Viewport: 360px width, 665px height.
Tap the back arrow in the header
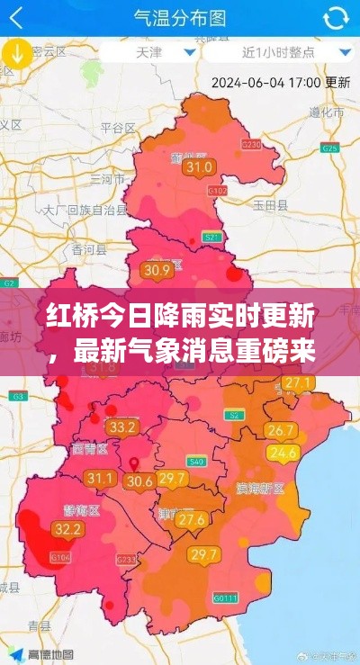coord(17,18)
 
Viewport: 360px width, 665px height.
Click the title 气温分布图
coord(179,18)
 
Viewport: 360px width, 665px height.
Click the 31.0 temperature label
coord(198,166)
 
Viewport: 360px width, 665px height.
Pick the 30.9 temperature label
coord(157,269)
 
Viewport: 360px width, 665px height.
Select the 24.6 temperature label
coord(283,453)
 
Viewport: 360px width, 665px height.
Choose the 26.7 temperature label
coord(282,430)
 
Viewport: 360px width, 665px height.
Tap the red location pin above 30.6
coord(135,465)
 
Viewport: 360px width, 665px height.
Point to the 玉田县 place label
coord(270,205)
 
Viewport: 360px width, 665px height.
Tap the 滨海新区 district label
coord(260,488)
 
